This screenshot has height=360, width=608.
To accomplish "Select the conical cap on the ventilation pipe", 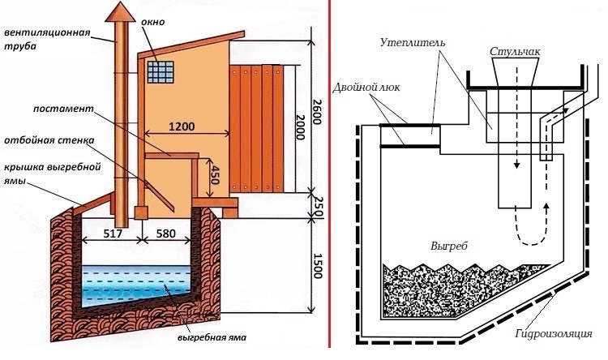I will (x=122, y=12).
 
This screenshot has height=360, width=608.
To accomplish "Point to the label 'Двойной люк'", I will (x=362, y=85).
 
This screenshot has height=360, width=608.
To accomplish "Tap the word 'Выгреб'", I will (x=451, y=243).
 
